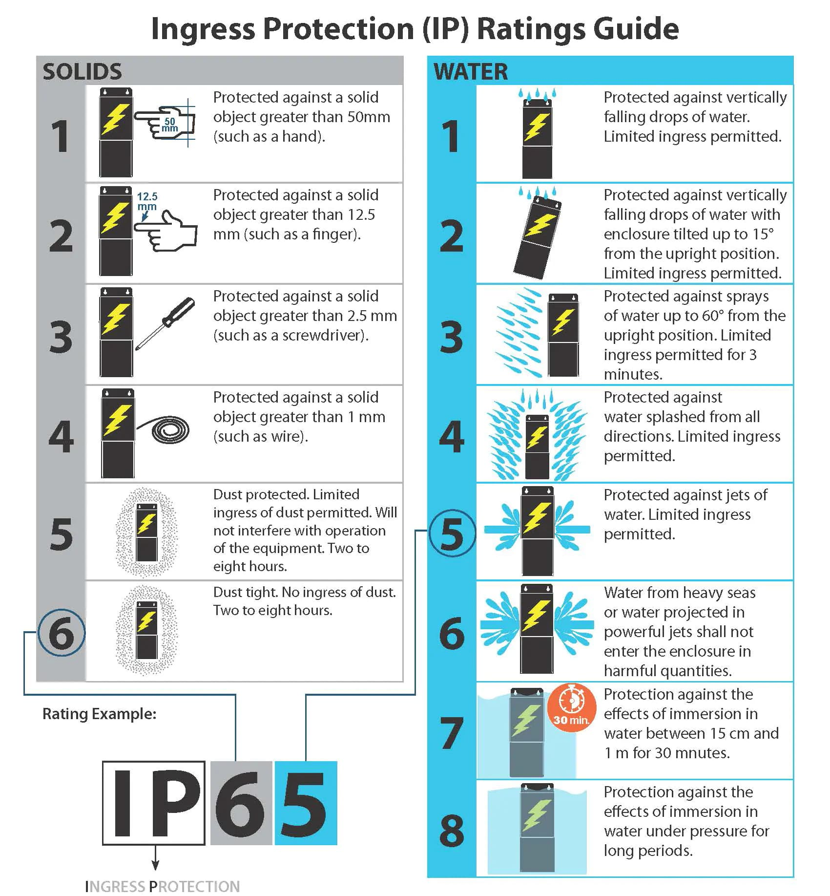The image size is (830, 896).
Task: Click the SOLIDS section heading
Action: (82, 72)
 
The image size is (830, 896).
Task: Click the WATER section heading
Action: (471, 72)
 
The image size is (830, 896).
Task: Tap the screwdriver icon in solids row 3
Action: (165, 324)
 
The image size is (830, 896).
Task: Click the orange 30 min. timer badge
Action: (571, 707)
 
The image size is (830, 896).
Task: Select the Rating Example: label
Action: (100, 714)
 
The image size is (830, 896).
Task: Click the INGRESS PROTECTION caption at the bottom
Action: (162, 886)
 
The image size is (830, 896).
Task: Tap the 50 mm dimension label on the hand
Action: (169, 125)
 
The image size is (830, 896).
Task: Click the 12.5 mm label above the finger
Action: (147, 201)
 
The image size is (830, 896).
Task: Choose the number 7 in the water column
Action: (452, 733)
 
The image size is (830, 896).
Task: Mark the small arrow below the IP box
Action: (155, 857)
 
